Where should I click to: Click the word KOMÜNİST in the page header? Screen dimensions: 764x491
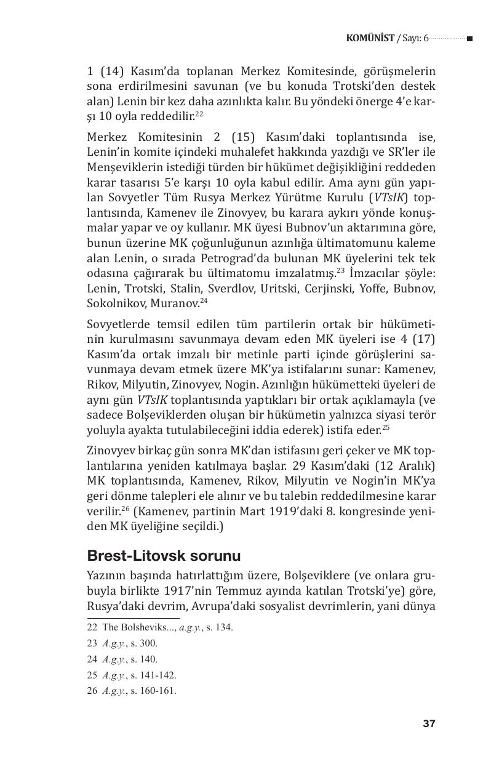(370, 38)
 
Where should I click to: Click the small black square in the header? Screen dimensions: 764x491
(469, 39)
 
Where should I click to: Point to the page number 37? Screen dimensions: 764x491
(429, 723)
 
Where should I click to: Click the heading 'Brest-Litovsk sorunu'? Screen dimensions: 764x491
(164, 556)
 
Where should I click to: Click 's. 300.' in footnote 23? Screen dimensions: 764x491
(143, 643)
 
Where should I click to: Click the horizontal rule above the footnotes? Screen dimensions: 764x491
(134, 618)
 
